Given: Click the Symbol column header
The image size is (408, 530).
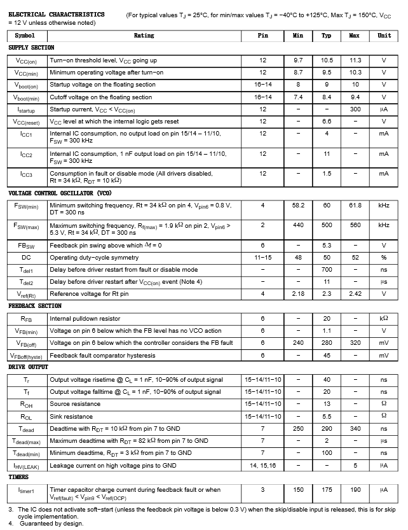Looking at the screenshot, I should (25, 36).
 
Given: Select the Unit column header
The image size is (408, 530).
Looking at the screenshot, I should (384, 36).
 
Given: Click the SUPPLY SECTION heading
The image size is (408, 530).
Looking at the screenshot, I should (31, 48).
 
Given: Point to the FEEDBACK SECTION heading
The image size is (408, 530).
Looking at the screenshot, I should (35, 306).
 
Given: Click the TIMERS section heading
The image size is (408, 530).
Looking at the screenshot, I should (18, 477).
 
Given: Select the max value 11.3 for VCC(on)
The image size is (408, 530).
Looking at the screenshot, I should (355, 60).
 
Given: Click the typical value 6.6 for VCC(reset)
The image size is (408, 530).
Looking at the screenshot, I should (327, 122).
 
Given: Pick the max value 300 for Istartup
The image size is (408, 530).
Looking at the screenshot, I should (355, 109).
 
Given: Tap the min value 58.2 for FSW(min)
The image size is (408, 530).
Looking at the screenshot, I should (298, 206).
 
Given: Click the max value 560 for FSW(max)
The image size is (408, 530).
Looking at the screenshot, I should (355, 225).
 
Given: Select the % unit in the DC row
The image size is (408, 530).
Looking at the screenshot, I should (384, 258).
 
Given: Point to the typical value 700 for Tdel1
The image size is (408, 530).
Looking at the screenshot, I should (327, 270).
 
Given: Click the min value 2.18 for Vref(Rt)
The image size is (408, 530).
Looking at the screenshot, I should (298, 294).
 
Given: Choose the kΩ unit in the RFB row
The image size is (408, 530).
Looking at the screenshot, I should (384, 319).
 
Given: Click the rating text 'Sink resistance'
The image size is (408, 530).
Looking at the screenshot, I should (76, 416).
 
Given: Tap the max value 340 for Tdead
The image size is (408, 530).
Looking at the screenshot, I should (355, 429).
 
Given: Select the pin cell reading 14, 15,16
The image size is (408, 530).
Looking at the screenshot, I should (262, 466).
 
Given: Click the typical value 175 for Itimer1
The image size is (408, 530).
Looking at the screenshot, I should (327, 490).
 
